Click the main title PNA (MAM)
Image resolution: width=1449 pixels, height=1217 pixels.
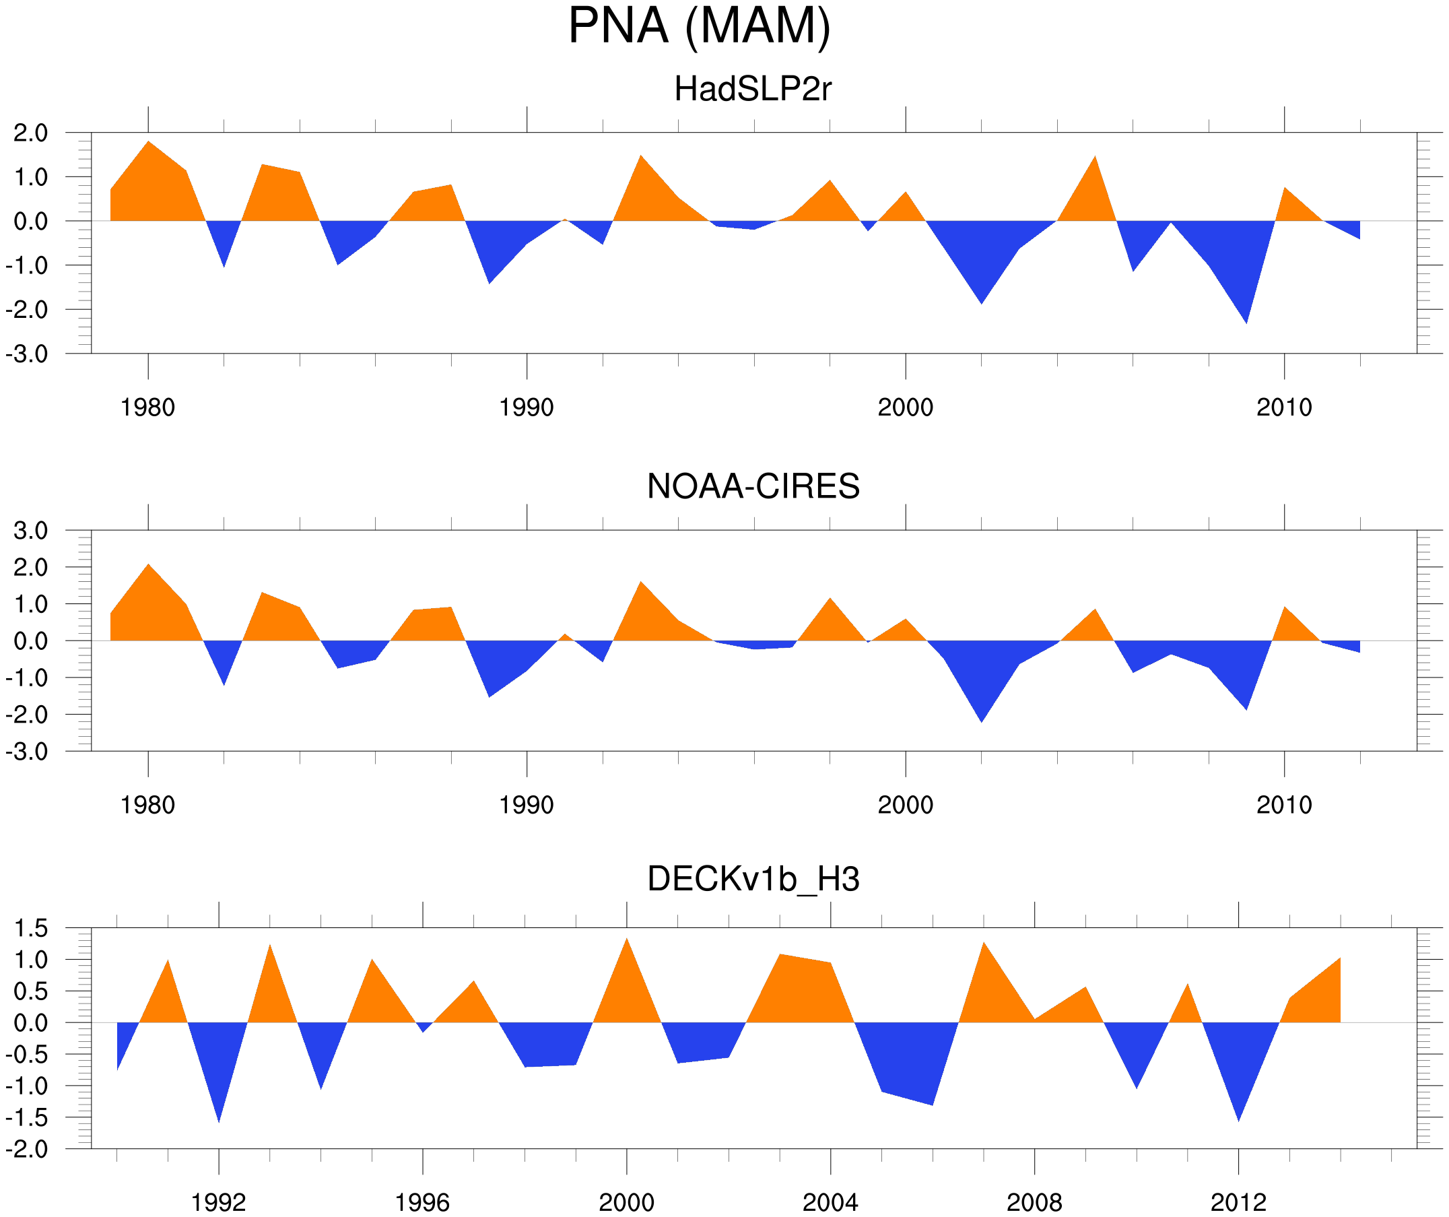pyautogui.click(x=699, y=26)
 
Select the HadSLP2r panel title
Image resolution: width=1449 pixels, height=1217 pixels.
pyautogui.click(x=753, y=89)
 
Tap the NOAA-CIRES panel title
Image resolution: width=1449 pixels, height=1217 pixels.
pyautogui.click(x=753, y=486)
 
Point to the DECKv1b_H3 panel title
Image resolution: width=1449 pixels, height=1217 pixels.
pyautogui.click(x=753, y=879)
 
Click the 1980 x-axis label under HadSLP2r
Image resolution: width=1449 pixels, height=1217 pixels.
pyautogui.click(x=147, y=407)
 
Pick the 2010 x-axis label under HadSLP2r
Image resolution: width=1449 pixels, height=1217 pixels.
pyautogui.click(x=1283, y=407)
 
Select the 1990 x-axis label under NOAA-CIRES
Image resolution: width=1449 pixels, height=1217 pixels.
pyautogui.click(x=527, y=805)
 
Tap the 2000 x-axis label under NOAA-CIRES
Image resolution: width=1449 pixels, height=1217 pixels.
pyautogui.click(x=905, y=805)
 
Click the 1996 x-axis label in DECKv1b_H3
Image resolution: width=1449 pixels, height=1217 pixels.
pyautogui.click(x=422, y=1202)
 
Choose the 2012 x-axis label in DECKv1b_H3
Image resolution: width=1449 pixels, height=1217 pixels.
pyautogui.click(x=1238, y=1202)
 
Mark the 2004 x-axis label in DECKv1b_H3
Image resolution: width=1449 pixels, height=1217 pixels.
pyautogui.click(x=830, y=1202)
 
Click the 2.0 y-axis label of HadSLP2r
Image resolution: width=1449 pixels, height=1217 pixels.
pyautogui.click(x=31, y=133)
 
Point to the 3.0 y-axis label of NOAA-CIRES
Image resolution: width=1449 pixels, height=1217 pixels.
pyautogui.click(x=31, y=531)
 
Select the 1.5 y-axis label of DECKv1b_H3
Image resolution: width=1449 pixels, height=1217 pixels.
pyautogui.click(x=31, y=929)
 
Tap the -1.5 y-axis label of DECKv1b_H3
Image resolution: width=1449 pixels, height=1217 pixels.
pyautogui.click(x=27, y=1118)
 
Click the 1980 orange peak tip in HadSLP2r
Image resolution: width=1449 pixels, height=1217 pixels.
pyautogui.click(x=148, y=141)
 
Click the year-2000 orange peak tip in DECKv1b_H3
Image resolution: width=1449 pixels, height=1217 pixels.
pyautogui.click(x=626, y=938)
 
